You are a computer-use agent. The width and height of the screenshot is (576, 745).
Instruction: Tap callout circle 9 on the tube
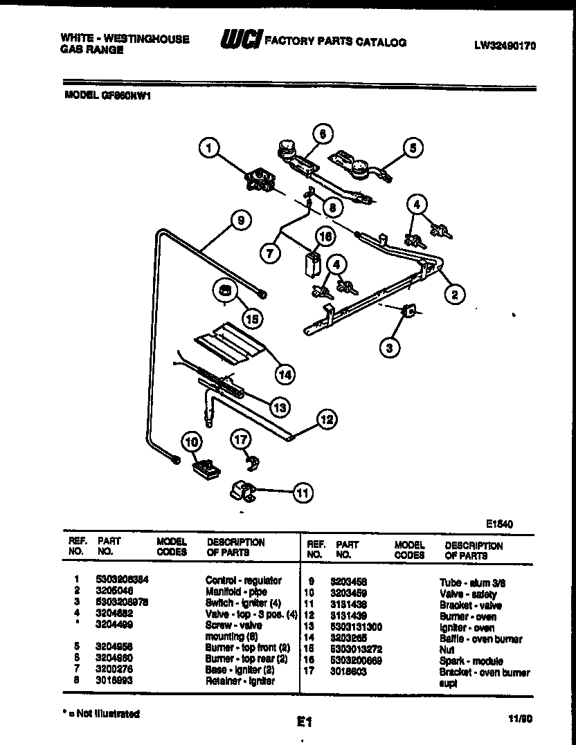pos(240,222)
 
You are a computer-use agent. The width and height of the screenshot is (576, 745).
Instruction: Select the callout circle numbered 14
pos(283,374)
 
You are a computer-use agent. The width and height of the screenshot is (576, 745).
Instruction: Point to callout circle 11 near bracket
pos(301,493)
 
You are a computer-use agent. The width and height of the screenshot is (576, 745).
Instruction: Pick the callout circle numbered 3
pos(390,348)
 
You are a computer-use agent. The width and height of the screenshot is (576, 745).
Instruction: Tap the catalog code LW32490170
pos(505,46)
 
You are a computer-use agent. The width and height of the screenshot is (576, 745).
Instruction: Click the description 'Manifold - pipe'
pos(235,591)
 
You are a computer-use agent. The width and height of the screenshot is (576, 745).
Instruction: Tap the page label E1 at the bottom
pos(302,722)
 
